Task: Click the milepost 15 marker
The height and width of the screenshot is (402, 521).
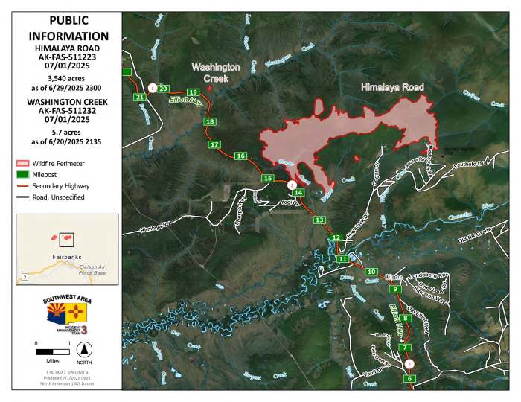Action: (x=267, y=178)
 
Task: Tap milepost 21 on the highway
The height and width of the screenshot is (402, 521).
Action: (x=139, y=97)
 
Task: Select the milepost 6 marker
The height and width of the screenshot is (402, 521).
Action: (x=409, y=379)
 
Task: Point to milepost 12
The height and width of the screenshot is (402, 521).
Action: (x=336, y=237)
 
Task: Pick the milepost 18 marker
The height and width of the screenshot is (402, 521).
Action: (x=210, y=121)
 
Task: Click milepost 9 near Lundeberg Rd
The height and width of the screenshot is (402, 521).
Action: (x=395, y=289)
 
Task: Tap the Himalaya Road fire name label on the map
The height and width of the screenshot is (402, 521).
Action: (x=392, y=88)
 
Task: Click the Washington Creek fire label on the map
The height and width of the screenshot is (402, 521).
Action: (x=216, y=72)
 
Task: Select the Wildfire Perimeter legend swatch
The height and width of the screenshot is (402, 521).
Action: (x=23, y=162)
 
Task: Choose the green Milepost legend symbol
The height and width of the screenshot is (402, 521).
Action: (x=23, y=174)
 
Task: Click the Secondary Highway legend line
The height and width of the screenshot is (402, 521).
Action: (x=23, y=186)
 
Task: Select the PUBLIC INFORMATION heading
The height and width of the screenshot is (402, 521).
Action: (x=68, y=28)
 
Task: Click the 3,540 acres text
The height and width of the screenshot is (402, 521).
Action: (x=68, y=77)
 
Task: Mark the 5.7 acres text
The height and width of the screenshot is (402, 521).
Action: (x=68, y=132)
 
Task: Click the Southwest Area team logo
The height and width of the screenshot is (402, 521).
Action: (x=68, y=312)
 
